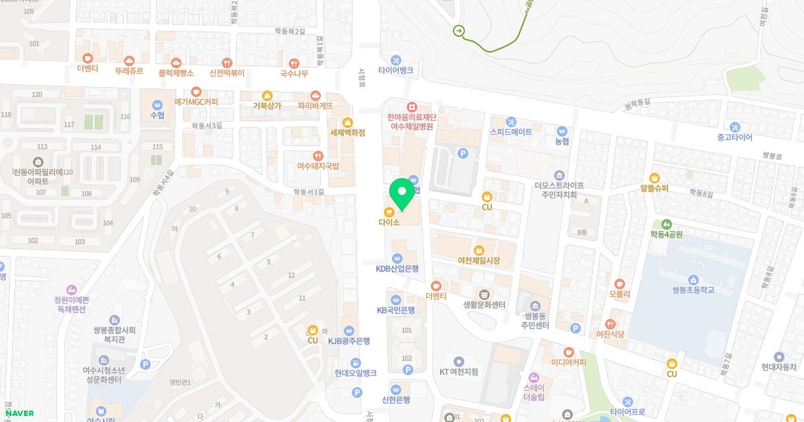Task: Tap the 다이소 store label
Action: [x=389, y=222]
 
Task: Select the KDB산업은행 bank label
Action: [x=397, y=269]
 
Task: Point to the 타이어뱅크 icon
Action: [x=396, y=60]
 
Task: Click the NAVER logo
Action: [x=19, y=413]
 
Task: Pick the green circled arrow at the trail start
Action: [x=459, y=31]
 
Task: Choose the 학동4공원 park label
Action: [x=666, y=234]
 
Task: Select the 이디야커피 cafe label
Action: [x=568, y=362]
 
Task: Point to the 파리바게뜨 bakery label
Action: [x=315, y=105]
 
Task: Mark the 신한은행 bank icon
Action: [x=396, y=389]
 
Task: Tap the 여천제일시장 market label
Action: [x=478, y=260]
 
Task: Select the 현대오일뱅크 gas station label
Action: [x=356, y=372]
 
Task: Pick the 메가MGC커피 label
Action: [x=196, y=101]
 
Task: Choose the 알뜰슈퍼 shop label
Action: [x=654, y=188]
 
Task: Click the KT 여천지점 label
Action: [x=458, y=371]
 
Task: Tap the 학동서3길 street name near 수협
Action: [x=206, y=125]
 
